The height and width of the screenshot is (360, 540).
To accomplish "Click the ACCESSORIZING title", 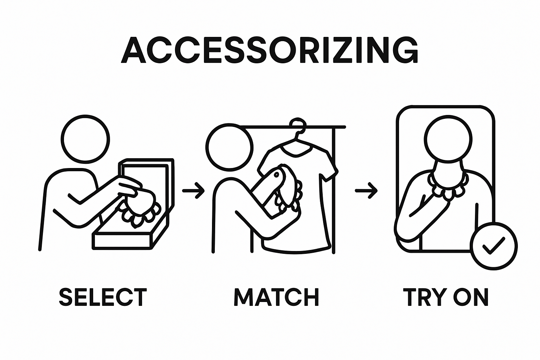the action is tap(270, 50).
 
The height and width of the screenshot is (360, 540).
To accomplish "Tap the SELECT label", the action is tap(103, 297).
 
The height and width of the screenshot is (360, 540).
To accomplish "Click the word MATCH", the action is tap(277, 297).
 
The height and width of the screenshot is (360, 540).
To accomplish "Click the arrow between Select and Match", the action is tap(193, 191).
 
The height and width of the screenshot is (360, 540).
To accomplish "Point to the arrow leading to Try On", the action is tap(366, 191).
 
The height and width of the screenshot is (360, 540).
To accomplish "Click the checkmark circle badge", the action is tap(494, 246).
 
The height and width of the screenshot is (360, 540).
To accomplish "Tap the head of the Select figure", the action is tap(85, 139).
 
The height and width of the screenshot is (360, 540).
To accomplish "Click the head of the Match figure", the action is tap(229, 147).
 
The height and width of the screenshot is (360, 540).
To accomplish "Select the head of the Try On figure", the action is tap(448, 139).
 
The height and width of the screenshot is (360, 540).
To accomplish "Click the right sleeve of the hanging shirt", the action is tap(330, 166).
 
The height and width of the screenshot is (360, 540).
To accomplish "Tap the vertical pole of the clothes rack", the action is tap(334, 191).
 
